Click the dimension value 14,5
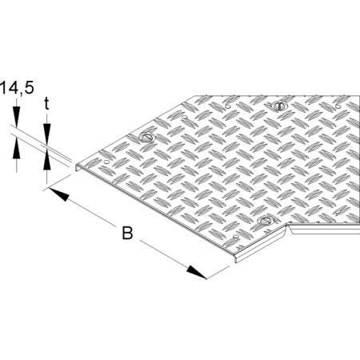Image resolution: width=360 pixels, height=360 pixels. pos(17,88)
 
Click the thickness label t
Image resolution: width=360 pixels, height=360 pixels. pos(46,103)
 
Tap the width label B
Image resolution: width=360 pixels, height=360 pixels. pos(127,233)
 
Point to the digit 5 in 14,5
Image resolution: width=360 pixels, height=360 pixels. pos(30,88)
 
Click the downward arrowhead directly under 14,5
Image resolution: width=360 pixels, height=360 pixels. pos(17,117)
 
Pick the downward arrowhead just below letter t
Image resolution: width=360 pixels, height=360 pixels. pos(47,134)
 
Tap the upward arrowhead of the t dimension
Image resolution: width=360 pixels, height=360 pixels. pos(47,160)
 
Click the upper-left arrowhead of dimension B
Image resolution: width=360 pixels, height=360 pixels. pos(58,194)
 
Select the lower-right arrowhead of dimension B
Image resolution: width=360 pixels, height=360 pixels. pos(197,272)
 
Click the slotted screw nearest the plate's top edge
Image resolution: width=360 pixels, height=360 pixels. pos(278,106)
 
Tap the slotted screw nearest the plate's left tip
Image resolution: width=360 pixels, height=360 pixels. pos(146,138)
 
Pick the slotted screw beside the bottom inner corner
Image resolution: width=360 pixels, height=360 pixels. pos(265,220)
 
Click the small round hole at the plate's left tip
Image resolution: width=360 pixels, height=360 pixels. pos(106,162)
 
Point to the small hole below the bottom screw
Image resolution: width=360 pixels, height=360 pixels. pos(235,237)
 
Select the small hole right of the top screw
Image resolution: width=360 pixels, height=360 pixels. pos(338,107)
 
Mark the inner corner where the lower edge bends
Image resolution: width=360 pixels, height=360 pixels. pos(288,226)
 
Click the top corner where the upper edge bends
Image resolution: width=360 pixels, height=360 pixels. pos(195,95)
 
